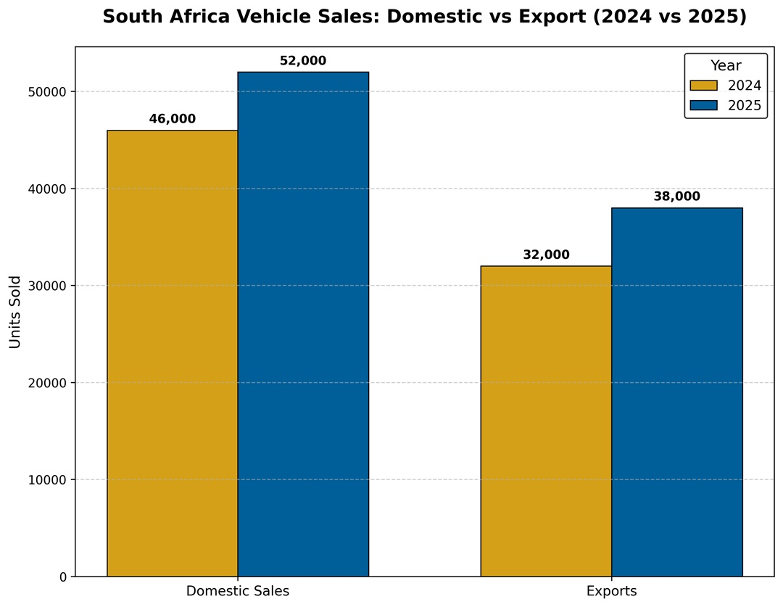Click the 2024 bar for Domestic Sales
click(x=173, y=353)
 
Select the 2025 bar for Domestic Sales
click(x=303, y=324)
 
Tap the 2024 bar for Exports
click(x=546, y=421)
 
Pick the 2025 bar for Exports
click(x=676, y=392)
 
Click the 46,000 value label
click(x=173, y=120)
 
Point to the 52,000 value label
click(x=303, y=62)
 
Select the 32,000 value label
click(x=546, y=255)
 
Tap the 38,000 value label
click(x=676, y=197)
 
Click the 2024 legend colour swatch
click(x=703, y=86)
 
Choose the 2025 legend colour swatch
click(x=703, y=106)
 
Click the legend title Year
click(x=726, y=66)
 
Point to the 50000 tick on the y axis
click(x=48, y=92)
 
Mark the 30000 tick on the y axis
click(x=48, y=286)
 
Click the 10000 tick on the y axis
click(x=48, y=480)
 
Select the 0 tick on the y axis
click(x=63, y=577)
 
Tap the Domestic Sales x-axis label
click(x=238, y=592)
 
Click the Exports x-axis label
click(x=611, y=592)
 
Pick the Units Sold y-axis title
click(x=16, y=312)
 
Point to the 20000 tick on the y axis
click(x=48, y=383)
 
